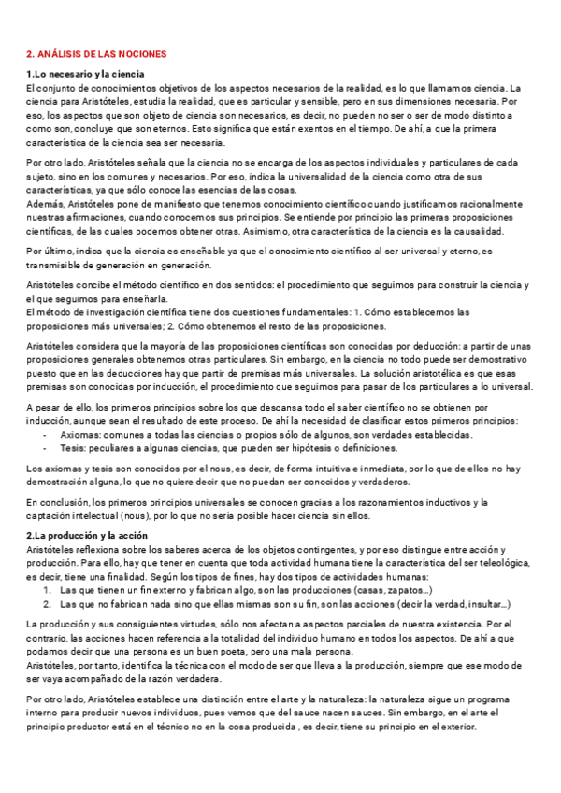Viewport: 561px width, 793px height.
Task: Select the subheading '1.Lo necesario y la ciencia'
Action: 83,75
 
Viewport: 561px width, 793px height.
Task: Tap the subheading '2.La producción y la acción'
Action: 84,535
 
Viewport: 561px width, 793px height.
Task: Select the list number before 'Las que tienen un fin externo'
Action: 47,591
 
